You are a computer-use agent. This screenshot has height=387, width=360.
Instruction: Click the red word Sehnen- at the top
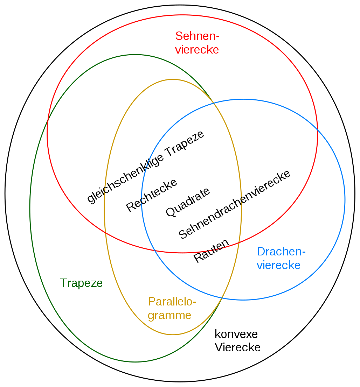point(197,36)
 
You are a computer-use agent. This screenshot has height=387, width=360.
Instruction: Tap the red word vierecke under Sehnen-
point(197,50)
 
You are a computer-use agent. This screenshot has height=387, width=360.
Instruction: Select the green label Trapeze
point(81,283)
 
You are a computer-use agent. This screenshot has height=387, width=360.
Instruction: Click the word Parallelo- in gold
point(172,302)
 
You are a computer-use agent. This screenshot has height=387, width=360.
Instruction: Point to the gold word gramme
point(169,316)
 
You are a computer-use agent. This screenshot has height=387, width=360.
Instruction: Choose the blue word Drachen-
point(281,252)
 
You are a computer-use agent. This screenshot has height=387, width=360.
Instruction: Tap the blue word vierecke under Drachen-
point(278,265)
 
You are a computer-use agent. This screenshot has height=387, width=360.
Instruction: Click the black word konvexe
point(236,335)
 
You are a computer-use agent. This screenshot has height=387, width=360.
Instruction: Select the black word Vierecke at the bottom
point(237,347)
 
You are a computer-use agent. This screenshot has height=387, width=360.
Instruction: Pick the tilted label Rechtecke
point(152,195)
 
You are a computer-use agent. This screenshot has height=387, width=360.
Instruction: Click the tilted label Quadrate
point(188,202)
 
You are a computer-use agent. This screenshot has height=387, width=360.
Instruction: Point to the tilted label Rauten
point(211,251)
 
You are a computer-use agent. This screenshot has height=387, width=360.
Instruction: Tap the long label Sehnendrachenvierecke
point(234,204)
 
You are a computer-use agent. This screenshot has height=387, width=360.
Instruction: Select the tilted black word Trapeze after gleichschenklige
point(185,143)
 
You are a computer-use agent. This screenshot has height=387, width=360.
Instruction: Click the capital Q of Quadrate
point(171,212)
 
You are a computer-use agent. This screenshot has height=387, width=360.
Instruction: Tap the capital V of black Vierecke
point(219,347)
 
